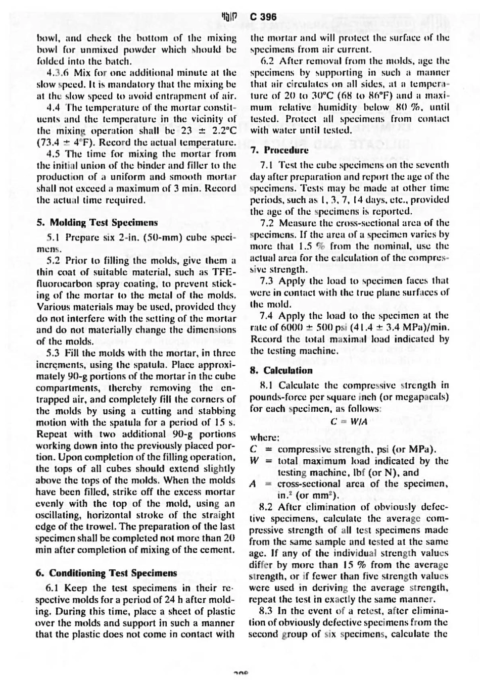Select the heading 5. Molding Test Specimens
pos(97,222)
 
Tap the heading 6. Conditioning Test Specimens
pos(107,573)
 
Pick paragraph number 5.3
pos(53,353)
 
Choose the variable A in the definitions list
pos(254,483)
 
